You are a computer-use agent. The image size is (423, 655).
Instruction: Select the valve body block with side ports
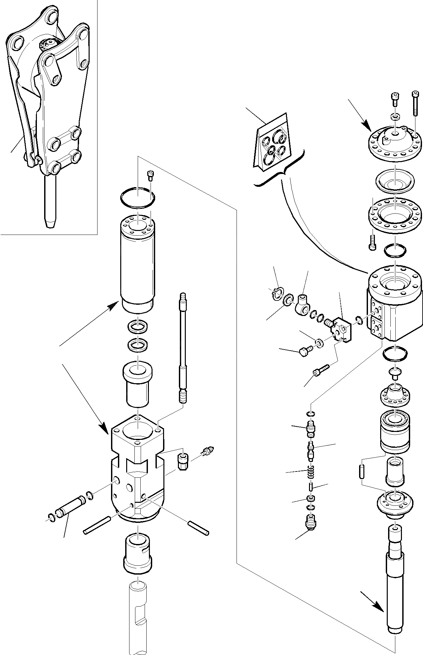pos(394,303)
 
